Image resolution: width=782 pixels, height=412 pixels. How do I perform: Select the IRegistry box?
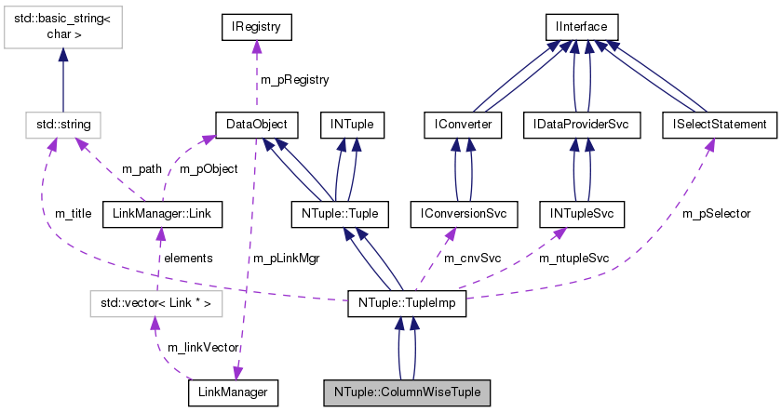(x=256, y=27)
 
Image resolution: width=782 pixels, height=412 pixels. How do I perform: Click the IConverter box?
(x=463, y=123)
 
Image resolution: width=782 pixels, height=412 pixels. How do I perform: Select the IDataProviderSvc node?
(x=582, y=123)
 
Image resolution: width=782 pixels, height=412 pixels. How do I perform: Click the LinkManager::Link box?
(x=162, y=215)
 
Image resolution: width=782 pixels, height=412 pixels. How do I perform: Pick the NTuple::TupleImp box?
(x=406, y=302)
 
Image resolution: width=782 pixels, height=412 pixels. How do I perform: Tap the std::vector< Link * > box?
(x=155, y=302)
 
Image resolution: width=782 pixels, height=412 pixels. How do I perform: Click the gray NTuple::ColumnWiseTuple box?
(x=406, y=393)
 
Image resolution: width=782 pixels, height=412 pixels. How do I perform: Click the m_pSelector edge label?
(x=717, y=214)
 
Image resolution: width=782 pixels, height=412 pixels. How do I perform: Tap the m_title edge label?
(x=73, y=214)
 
